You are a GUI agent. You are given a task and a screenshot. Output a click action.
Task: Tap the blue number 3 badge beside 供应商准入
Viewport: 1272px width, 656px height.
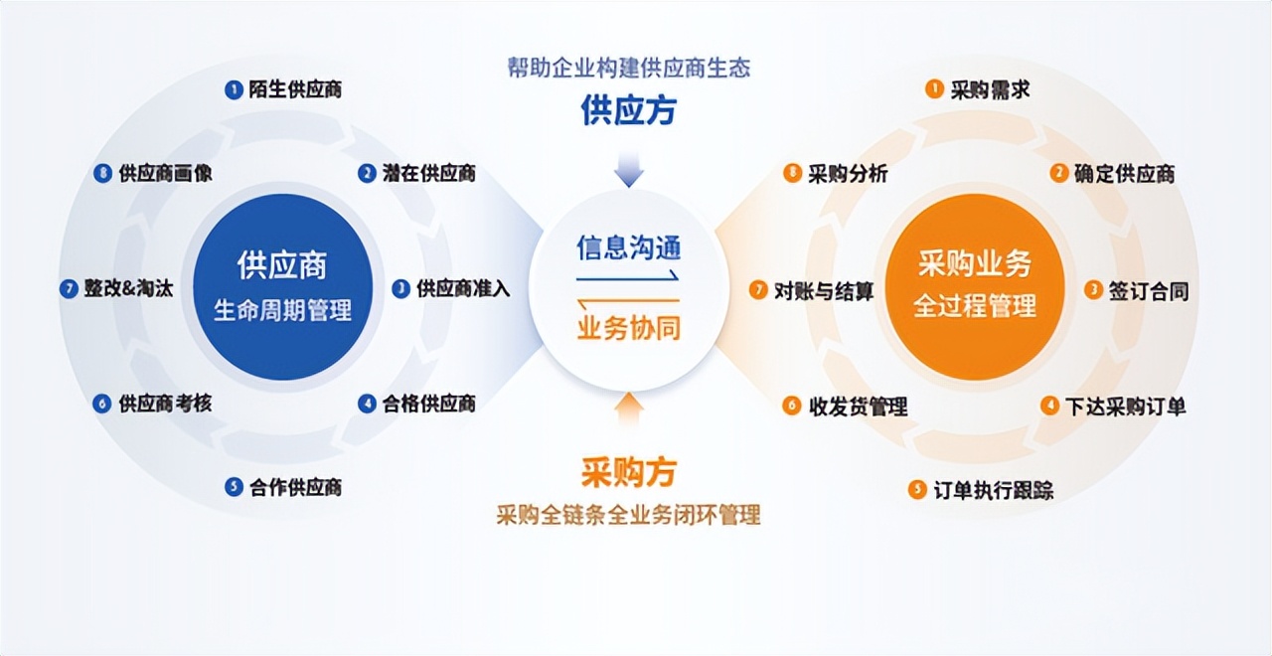(400, 288)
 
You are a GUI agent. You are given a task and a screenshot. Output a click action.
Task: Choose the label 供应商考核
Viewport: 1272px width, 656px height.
(164, 404)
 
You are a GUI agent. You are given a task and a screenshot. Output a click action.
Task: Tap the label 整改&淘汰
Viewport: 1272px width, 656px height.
(127, 288)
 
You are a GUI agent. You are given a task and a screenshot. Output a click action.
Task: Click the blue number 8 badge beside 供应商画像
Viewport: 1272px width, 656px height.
(101, 173)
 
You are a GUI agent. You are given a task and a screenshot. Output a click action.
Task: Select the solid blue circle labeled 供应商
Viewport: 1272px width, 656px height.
(283, 286)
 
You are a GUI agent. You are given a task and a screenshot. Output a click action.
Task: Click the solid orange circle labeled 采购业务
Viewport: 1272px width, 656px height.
(975, 286)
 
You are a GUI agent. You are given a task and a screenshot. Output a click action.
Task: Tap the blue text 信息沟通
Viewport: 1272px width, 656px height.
(629, 246)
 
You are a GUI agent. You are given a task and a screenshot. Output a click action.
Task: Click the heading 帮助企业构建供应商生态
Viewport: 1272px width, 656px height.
(628, 68)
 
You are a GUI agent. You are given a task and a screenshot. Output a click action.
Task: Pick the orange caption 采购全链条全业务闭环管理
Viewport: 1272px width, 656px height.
(628, 515)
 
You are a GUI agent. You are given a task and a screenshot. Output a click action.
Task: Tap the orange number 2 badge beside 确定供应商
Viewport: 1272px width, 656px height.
(1059, 173)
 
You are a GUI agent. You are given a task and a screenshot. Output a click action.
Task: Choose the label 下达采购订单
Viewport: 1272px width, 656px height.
(1125, 406)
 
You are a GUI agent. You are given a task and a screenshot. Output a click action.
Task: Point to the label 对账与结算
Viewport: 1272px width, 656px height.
(824, 290)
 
